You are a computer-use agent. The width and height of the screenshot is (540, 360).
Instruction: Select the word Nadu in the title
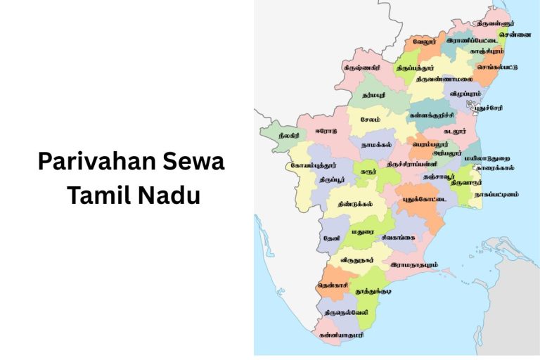167,195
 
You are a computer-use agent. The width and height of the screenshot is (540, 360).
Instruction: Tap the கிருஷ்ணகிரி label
362,68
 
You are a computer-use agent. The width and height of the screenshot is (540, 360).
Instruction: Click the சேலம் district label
370,120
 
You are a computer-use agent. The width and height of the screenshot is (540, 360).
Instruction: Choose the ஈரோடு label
326,130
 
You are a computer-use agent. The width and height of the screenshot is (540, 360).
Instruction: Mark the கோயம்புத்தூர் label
314,165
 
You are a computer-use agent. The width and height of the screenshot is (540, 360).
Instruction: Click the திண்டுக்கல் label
352,203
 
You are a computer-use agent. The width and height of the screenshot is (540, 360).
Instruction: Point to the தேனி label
331,238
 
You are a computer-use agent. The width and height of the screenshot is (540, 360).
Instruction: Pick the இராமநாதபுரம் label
414,265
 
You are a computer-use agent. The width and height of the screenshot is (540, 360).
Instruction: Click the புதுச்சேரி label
488,110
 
